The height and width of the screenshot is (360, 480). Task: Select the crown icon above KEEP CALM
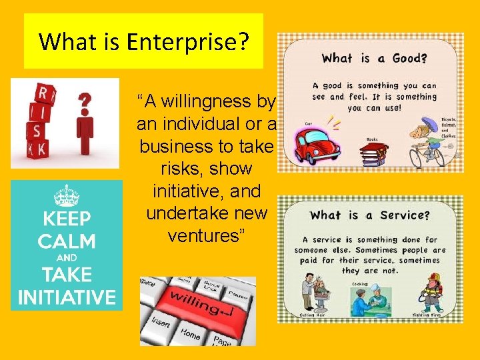(67, 196)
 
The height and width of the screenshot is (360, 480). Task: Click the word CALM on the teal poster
(67, 241)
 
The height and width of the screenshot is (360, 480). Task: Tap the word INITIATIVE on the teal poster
(67, 297)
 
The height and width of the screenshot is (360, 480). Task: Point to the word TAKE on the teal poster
(67, 275)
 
